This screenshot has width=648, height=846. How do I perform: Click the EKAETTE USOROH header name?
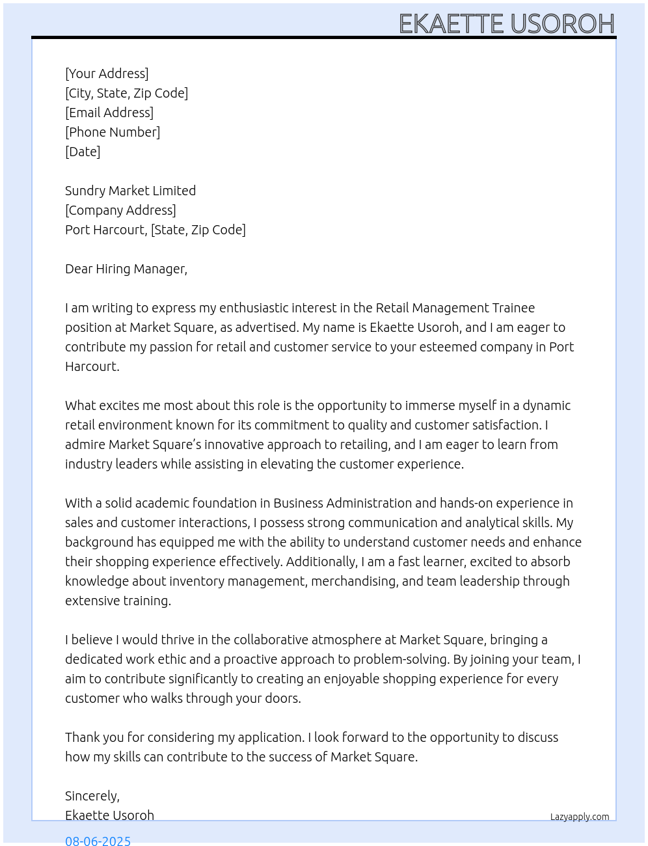tap(506, 23)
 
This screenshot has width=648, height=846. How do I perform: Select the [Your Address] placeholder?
tap(107, 74)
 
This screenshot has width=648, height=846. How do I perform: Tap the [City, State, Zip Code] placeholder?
tap(126, 93)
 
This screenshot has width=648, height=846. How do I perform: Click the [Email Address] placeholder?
tap(109, 113)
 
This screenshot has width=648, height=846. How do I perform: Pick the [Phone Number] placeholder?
tap(113, 132)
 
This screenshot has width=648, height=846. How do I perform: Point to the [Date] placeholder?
tap(83, 152)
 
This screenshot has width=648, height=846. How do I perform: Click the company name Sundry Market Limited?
tap(130, 191)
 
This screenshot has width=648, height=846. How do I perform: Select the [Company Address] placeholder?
tap(120, 210)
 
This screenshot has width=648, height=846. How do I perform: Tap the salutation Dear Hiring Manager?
tap(126, 269)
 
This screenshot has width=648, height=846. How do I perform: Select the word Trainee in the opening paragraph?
tap(513, 308)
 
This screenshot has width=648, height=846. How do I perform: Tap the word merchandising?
tap(354, 581)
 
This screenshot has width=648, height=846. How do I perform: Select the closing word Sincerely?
tap(92, 796)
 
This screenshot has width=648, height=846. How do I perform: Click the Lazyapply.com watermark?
tap(580, 817)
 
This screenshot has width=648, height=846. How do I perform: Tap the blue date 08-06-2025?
tap(98, 840)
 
